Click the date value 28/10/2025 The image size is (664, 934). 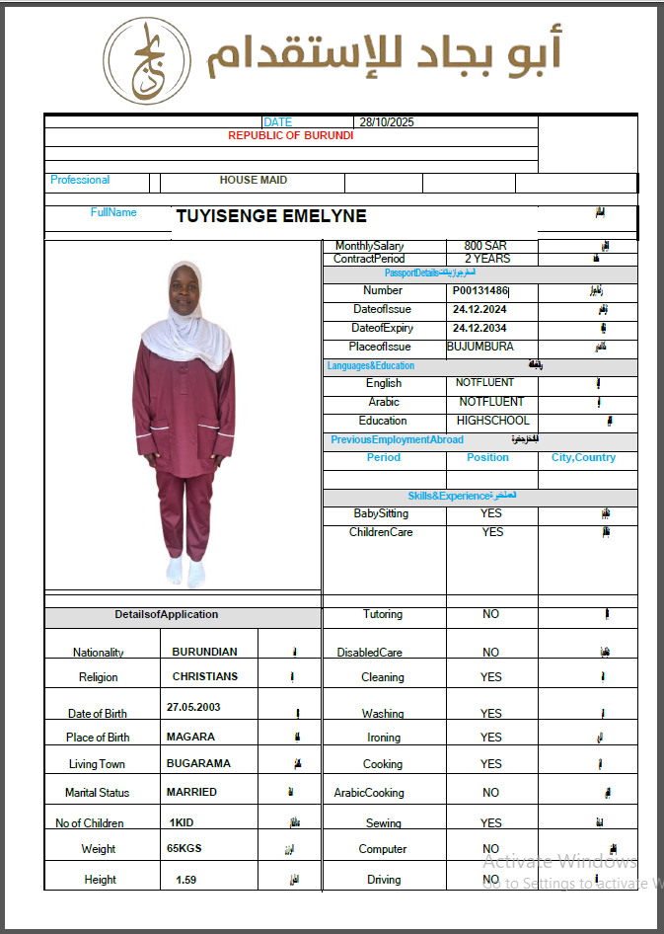tap(387, 122)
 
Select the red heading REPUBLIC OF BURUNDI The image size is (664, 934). tap(290, 135)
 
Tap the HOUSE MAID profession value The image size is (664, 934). tap(254, 181)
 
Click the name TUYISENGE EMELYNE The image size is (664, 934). tap(270, 216)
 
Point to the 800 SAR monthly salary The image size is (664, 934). tap(486, 246)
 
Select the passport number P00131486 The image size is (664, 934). tap(480, 291)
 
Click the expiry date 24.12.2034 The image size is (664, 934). tap(480, 328)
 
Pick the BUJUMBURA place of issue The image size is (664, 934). tap(480, 347)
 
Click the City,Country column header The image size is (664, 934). tap(583, 457)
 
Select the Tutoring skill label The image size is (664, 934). tap(383, 614)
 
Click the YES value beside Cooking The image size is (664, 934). tap(491, 763)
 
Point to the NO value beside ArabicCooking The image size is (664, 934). tap(491, 792)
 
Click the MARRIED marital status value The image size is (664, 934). tap(191, 792)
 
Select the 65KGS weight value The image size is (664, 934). tap(185, 848)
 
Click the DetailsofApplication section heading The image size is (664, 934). tap(166, 614)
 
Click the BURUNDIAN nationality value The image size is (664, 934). tap(205, 652)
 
